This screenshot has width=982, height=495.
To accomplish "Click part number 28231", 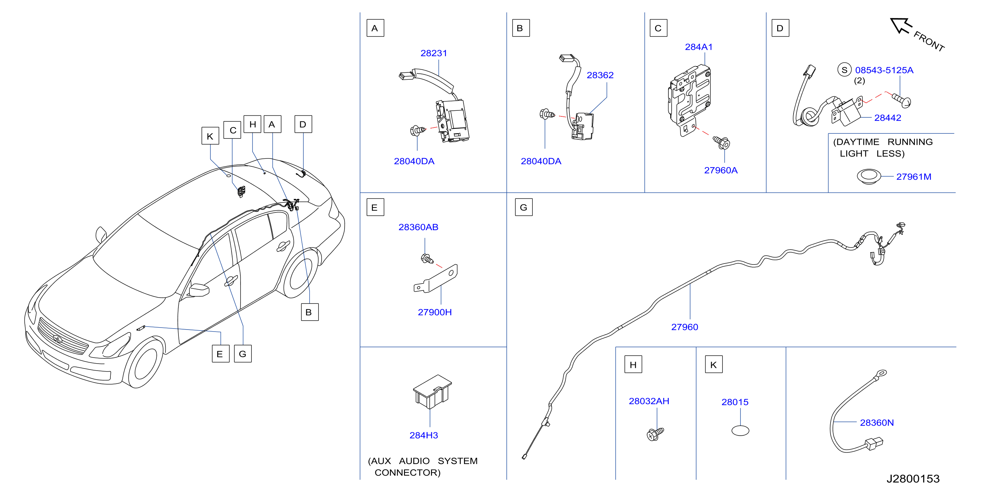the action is (x=433, y=53).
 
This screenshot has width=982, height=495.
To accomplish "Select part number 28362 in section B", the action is (x=600, y=75).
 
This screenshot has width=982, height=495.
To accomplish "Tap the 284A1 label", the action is (x=698, y=47).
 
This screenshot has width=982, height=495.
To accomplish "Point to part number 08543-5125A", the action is (x=884, y=70).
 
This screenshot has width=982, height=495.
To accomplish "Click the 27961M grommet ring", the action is (x=869, y=176).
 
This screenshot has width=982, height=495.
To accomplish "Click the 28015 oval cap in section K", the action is (x=740, y=431).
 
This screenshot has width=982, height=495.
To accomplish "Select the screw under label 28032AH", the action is (x=656, y=434).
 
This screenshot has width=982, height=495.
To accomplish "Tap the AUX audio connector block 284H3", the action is (x=432, y=391).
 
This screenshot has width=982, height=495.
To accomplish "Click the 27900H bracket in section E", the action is (x=436, y=279).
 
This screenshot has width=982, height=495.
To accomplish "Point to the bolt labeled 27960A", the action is (x=721, y=143).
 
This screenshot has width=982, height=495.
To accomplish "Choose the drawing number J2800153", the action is (x=913, y=479).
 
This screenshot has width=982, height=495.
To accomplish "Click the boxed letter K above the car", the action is (x=210, y=136).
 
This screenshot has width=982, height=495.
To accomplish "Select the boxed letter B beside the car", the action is (x=310, y=312).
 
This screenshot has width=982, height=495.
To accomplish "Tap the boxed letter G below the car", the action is (x=243, y=354).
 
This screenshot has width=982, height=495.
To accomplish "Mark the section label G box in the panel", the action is (x=524, y=207).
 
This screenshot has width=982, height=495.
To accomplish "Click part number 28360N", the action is (x=877, y=423).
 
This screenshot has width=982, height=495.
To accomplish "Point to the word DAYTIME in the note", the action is (x=857, y=142).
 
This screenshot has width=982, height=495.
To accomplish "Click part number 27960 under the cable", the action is (x=685, y=327).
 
